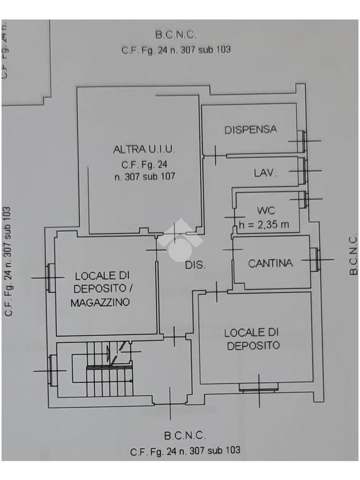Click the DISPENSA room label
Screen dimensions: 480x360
point(251,129)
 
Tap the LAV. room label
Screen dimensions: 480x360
point(265,173)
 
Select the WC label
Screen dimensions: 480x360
point(266,210)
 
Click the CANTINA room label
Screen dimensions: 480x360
point(270,263)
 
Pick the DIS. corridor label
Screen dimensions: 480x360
point(195,265)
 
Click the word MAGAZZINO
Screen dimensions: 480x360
point(100,303)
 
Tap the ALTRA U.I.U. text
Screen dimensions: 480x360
point(144,150)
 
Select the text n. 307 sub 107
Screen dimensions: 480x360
point(144,177)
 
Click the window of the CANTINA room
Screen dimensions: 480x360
point(314,259)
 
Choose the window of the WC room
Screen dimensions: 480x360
point(303,200)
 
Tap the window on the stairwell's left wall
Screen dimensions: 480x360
point(52,370)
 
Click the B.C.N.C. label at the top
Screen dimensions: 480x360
point(175,34)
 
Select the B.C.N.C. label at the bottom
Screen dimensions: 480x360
point(185,435)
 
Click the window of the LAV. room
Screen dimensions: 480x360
point(302,171)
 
